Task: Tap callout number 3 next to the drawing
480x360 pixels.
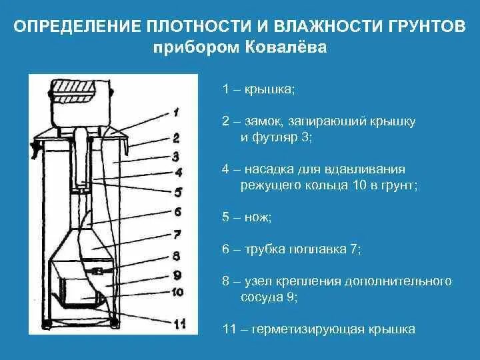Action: point(175,157)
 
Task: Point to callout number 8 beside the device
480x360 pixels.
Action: point(177,256)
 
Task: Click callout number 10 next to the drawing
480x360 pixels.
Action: point(177,291)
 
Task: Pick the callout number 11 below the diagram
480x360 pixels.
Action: point(178,325)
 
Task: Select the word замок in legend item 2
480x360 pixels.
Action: point(261,121)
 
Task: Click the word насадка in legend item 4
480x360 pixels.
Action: point(267,169)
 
